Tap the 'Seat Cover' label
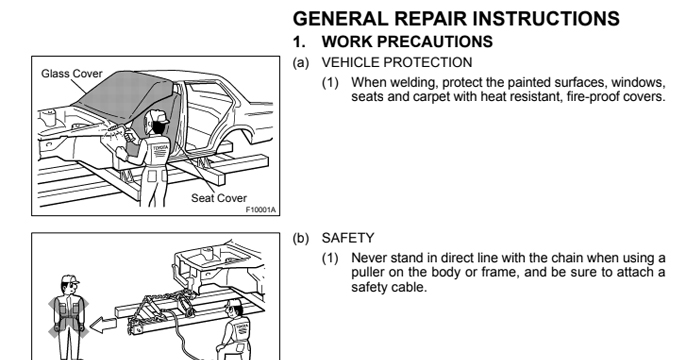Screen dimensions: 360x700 pyautogui.click(x=219, y=198)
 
